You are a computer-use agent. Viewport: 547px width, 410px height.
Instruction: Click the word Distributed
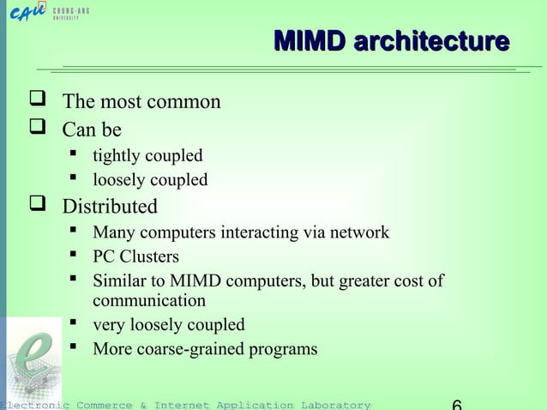click(x=110, y=207)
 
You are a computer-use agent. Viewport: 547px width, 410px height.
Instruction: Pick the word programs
click(x=286, y=349)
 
